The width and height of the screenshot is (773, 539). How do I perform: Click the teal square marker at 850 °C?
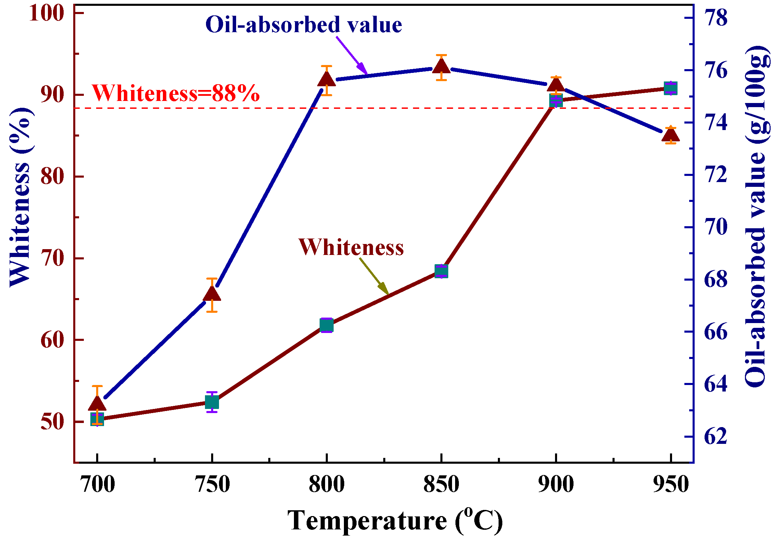tap(441, 271)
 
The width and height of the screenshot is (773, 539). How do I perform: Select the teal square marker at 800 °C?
tap(326, 325)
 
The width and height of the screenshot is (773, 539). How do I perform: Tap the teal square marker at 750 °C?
tap(212, 402)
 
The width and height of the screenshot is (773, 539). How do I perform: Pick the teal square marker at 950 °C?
tap(671, 88)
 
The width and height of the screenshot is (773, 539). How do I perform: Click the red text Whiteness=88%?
tap(176, 93)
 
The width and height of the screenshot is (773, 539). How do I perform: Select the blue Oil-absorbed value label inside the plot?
tap(304, 25)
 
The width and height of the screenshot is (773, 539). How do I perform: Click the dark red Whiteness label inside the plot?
tap(351, 247)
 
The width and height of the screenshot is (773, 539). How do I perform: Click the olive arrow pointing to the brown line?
tap(374, 276)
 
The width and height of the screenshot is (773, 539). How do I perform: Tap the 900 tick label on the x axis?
tap(556, 485)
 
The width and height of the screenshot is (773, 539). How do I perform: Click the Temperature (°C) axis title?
tap(395, 521)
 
